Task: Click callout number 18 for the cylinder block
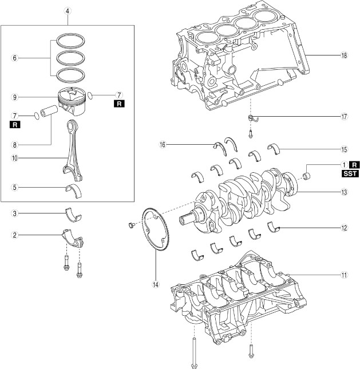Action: (343, 55)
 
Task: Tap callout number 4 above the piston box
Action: (68, 11)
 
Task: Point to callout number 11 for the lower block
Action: (343, 275)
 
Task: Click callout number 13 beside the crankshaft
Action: (343, 192)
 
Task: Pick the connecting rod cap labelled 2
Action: (72, 236)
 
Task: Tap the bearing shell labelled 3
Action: (74, 215)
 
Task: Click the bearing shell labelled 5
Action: (74, 190)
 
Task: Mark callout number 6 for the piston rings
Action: (15, 58)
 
